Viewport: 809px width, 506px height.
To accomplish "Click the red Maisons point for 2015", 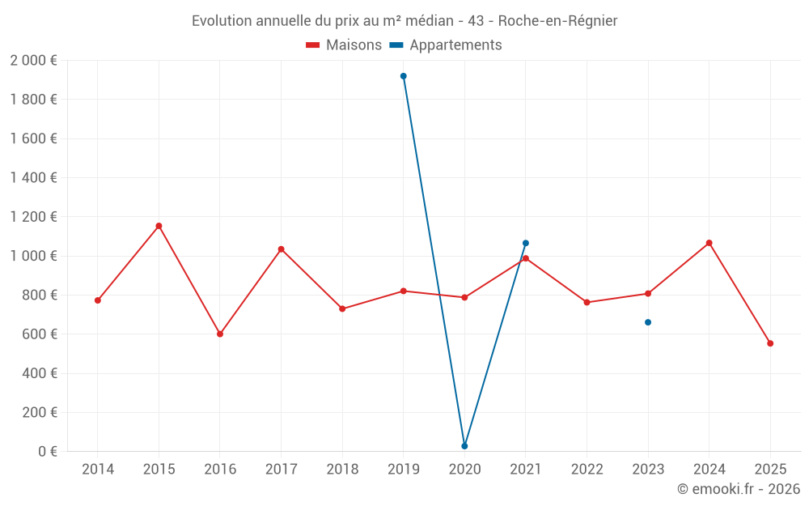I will (x=159, y=226).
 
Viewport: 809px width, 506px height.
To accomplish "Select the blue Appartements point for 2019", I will (x=404, y=76).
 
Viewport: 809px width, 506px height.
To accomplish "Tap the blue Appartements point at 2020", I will (x=464, y=446).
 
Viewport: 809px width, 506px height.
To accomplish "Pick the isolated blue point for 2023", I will (x=648, y=322).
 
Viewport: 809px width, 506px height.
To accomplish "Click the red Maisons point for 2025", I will (x=770, y=343).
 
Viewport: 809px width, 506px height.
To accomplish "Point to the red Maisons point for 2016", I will (x=220, y=334).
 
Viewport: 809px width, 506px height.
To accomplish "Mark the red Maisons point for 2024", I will (x=709, y=243).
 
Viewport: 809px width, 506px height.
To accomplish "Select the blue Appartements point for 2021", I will (x=526, y=243).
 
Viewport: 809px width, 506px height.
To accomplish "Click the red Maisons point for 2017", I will (x=282, y=249).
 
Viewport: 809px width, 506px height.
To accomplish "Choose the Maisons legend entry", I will (x=344, y=45).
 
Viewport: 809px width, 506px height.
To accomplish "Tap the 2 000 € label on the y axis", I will (x=33, y=61).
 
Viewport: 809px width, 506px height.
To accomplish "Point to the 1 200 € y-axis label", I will (x=33, y=217).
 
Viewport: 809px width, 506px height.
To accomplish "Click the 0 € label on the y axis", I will (x=47, y=451).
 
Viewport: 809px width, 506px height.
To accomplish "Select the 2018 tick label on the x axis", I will (x=342, y=469).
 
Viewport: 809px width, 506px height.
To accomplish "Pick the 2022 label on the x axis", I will (x=587, y=469).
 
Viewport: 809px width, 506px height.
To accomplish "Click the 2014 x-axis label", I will (x=98, y=469).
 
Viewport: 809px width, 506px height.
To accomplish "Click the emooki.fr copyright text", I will (x=738, y=489).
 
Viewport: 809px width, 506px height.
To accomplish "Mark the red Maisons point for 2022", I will (x=587, y=302).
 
